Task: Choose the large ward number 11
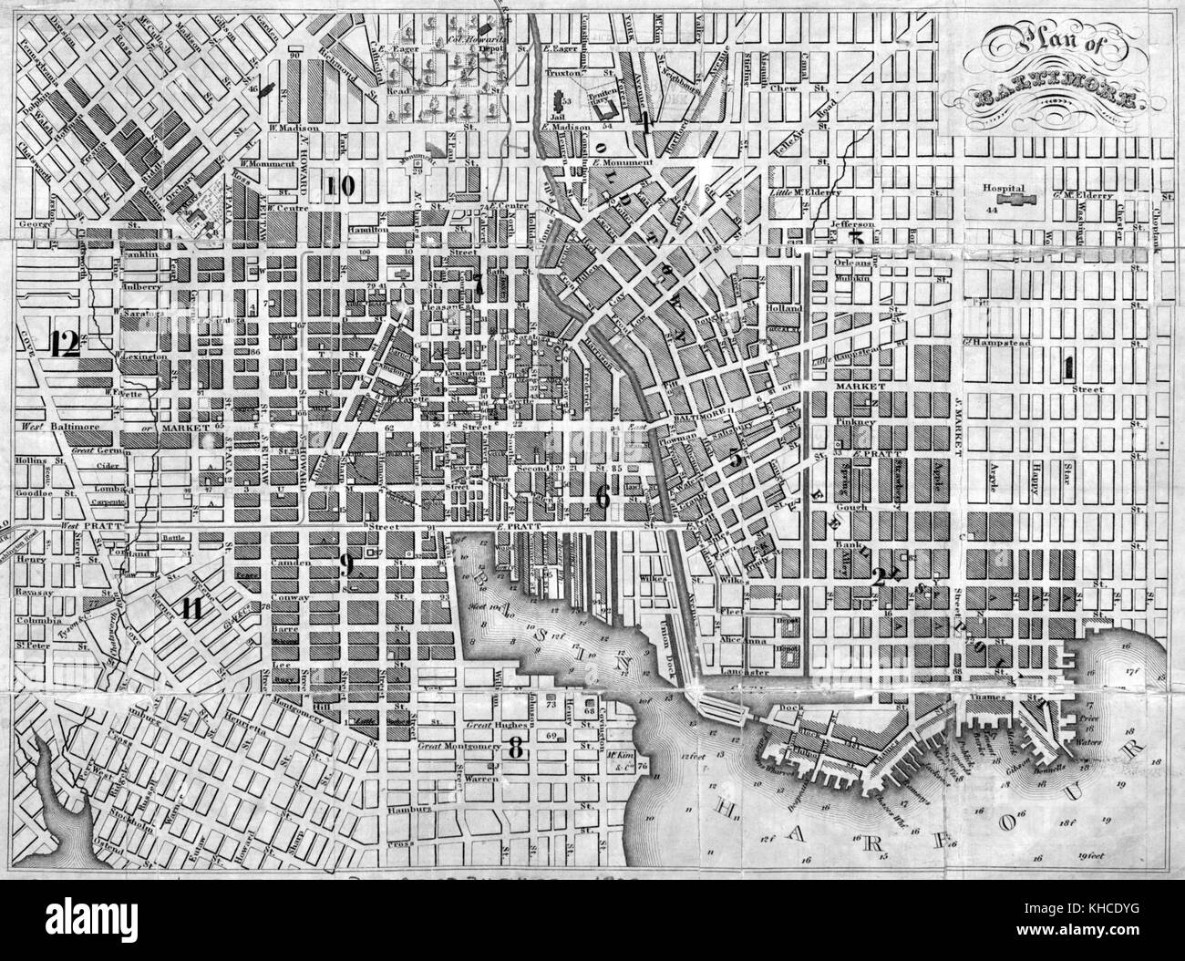click(x=192, y=609)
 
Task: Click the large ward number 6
click(x=602, y=495)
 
